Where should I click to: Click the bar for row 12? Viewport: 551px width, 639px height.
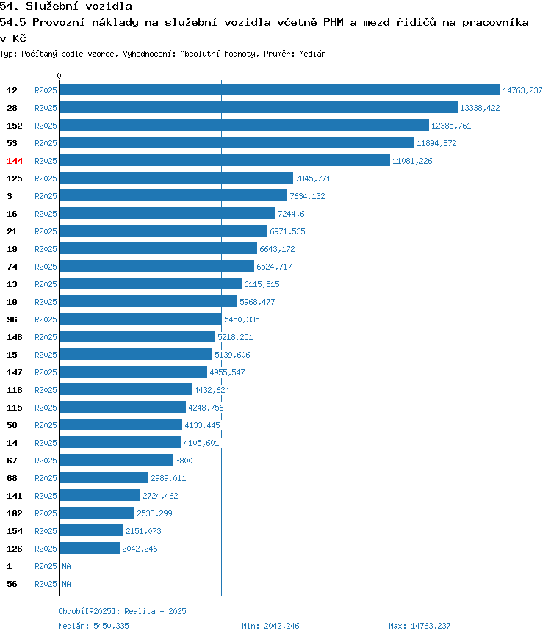[x=280, y=90]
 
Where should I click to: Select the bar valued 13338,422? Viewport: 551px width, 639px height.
[x=259, y=107]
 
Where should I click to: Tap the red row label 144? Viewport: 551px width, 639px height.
[x=15, y=161]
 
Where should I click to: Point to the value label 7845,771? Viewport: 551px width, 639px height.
[x=313, y=178]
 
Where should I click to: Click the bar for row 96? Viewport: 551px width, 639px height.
[x=140, y=319]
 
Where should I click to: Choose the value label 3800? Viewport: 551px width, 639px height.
[x=184, y=461]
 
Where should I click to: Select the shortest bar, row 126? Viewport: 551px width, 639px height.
[x=90, y=548]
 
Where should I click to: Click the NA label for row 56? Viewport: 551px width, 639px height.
[x=66, y=584]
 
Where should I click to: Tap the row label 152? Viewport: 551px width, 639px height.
[x=15, y=126]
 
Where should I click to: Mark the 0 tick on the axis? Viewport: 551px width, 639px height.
[x=59, y=76]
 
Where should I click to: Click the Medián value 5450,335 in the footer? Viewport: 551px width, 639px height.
[x=111, y=626]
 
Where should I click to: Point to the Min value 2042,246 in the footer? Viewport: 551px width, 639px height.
[x=281, y=626]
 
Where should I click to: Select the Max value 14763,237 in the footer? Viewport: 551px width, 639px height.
[x=431, y=626]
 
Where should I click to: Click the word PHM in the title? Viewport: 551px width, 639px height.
[x=334, y=22]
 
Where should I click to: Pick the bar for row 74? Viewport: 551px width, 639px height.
[x=157, y=266]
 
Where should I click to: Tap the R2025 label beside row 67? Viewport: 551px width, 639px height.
[x=46, y=461]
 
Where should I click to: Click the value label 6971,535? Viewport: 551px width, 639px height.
[x=287, y=231]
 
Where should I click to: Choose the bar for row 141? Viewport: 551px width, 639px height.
[x=100, y=495]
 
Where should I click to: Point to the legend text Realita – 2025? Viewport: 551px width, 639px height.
[x=155, y=611]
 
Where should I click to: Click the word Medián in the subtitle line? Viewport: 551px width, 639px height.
[x=312, y=54]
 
